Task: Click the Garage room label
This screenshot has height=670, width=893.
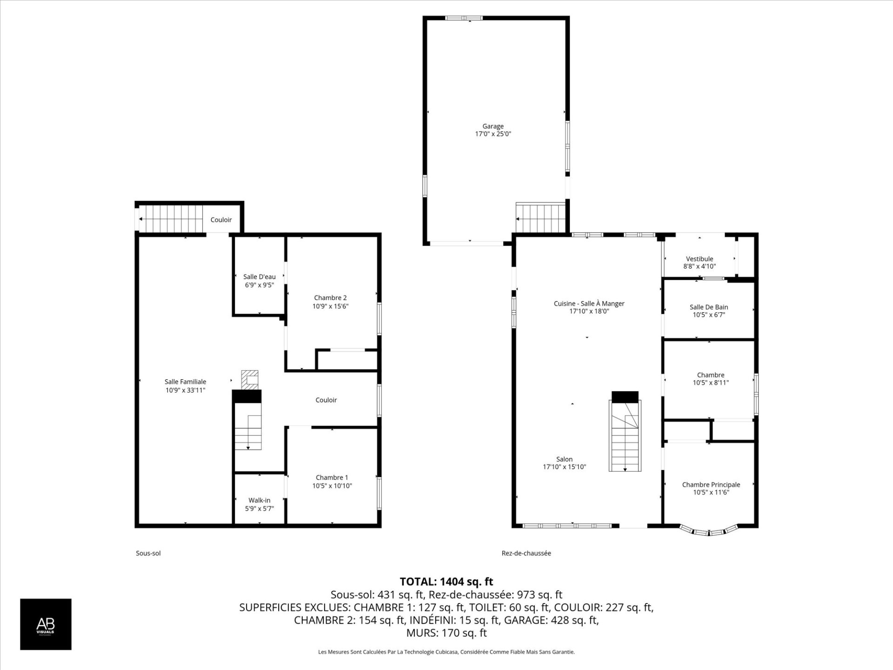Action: click(x=493, y=126)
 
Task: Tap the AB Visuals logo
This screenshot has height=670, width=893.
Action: click(x=46, y=624)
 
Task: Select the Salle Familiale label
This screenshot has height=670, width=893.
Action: click(x=185, y=382)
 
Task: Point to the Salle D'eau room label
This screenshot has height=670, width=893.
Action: click(x=260, y=277)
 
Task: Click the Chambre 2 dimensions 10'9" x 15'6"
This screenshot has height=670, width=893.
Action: click(x=330, y=306)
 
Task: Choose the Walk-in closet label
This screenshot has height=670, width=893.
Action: click(x=260, y=501)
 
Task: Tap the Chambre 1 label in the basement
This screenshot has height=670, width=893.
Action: click(x=332, y=477)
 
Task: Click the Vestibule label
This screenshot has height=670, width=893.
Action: click(x=700, y=259)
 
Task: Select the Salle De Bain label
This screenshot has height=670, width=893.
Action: click(x=709, y=307)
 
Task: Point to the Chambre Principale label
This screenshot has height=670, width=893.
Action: click(x=711, y=485)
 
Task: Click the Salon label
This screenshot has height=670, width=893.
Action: click(x=565, y=459)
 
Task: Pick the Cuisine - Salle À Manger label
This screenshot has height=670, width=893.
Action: click(x=589, y=304)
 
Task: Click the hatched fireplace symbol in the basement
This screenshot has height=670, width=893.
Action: click(x=250, y=380)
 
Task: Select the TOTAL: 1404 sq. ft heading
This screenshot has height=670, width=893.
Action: click(x=446, y=582)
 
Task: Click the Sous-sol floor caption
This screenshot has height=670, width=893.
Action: click(x=148, y=553)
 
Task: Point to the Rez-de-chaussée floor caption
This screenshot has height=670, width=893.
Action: click(x=526, y=553)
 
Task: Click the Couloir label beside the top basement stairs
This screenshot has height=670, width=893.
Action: click(x=221, y=220)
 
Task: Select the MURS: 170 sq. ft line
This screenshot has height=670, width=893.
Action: click(x=446, y=633)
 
